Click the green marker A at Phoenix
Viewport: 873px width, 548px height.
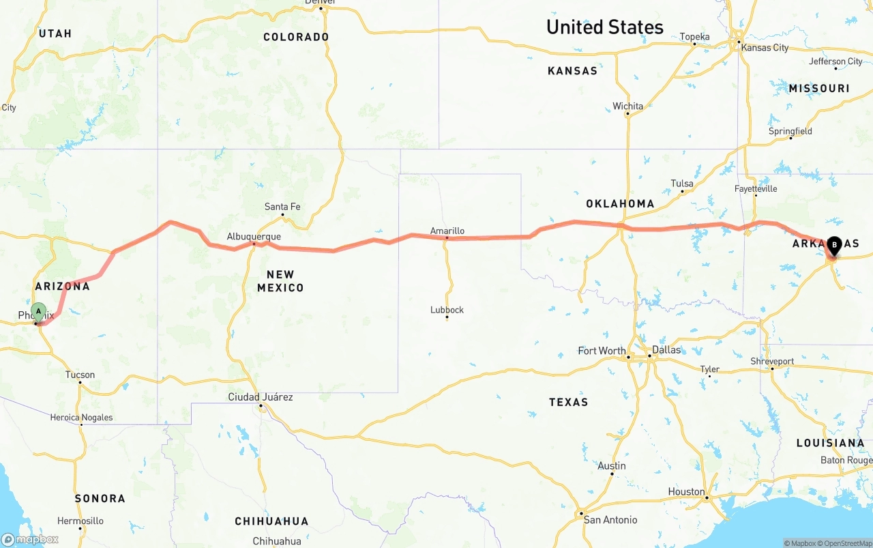pos(39,312)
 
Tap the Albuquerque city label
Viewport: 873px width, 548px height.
pos(254,237)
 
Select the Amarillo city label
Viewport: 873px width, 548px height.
pos(447,231)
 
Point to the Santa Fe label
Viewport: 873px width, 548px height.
pos(282,207)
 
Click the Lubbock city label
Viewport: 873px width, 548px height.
pos(447,310)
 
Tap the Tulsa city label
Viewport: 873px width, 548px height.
pos(682,184)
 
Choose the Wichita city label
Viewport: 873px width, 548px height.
pos(627,106)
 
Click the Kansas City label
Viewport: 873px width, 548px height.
pos(765,48)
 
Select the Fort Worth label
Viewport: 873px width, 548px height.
pos(602,351)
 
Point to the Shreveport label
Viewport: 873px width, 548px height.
pos(772,361)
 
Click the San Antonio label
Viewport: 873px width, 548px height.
pos(610,520)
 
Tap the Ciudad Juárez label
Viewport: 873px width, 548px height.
pos(261,397)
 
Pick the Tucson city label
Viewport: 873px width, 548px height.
pos(80,375)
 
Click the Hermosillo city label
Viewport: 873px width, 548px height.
pos(80,521)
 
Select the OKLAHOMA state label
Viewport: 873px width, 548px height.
pos(620,203)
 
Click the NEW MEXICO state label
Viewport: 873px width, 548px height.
pos(280,281)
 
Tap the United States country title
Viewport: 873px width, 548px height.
pos(604,27)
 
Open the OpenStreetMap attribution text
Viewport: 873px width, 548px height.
pos(844,543)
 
